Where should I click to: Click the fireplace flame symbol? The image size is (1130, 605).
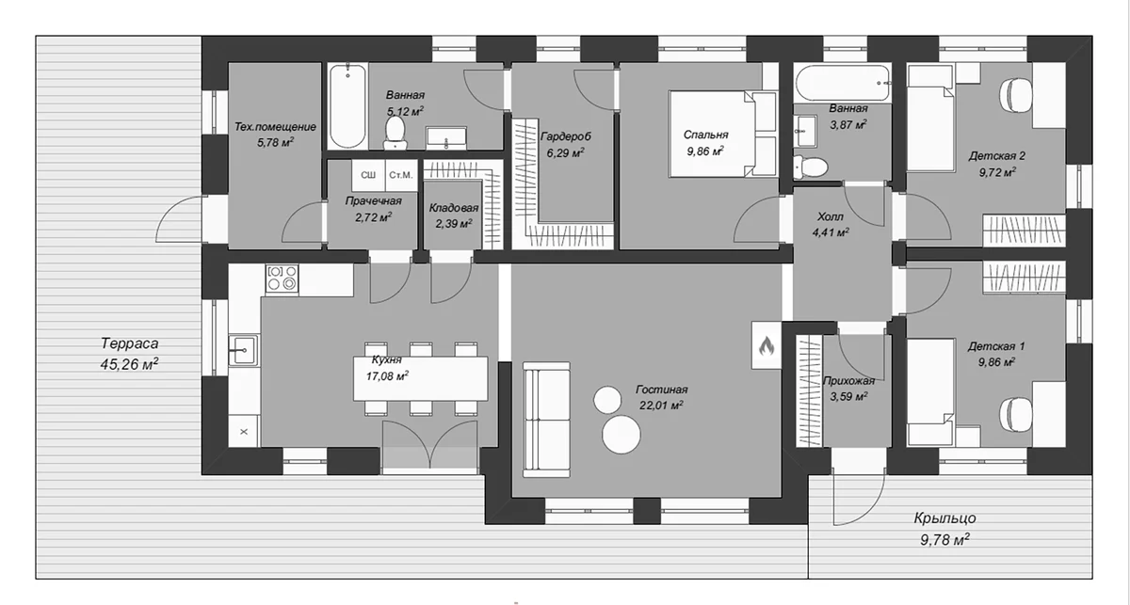[767, 346]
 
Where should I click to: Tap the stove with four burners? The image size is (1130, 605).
[282, 279]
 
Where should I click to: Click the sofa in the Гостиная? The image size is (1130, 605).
[546, 420]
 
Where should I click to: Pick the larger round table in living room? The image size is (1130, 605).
[621, 434]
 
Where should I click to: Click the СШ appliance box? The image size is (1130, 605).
[368, 175]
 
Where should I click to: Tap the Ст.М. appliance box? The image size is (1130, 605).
[401, 175]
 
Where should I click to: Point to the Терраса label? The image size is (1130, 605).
[130, 343]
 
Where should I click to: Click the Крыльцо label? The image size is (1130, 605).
[944, 518]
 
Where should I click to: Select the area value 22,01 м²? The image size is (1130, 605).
[661, 405]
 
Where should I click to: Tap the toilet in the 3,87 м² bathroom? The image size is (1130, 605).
[810, 167]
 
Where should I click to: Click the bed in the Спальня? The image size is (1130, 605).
[722, 135]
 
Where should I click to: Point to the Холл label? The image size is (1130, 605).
[830, 216]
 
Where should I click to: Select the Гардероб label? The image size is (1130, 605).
[566, 136]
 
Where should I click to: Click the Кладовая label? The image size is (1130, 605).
[454, 208]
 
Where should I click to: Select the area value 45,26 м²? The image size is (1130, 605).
[130, 364]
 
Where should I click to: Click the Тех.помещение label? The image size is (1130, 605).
[275, 127]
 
